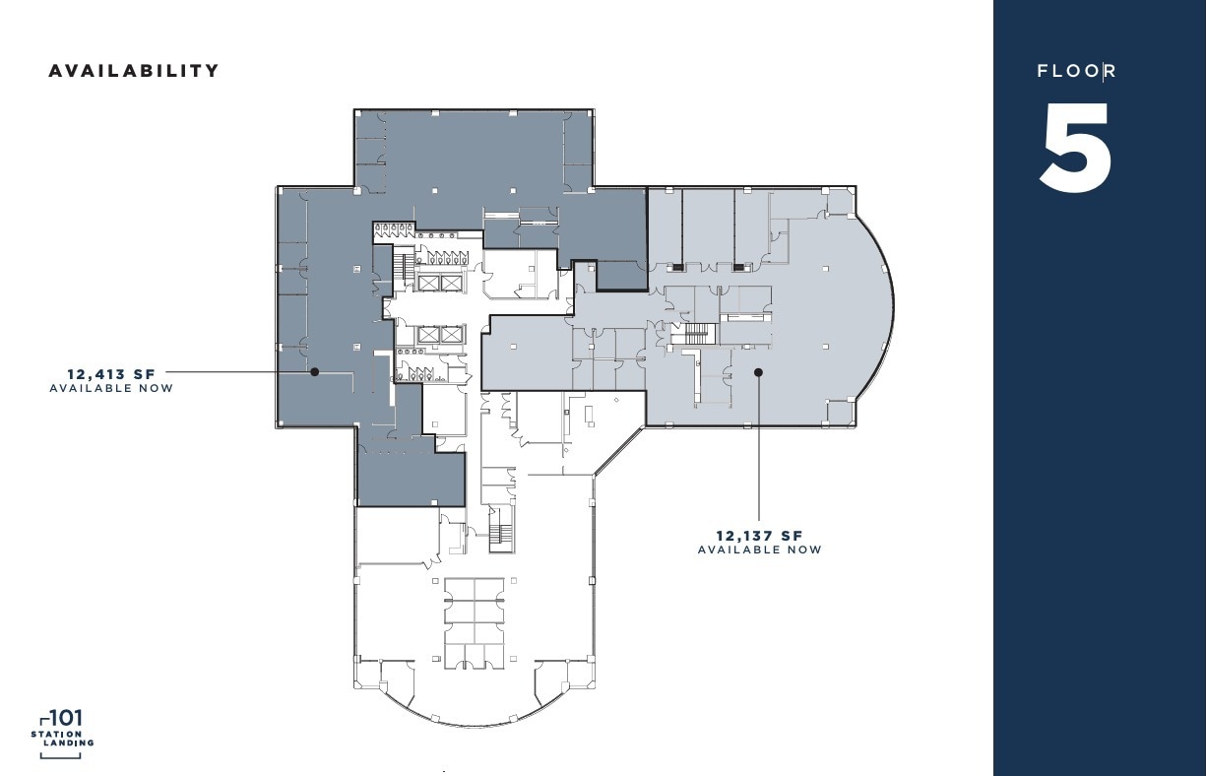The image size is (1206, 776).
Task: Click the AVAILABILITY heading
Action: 134,71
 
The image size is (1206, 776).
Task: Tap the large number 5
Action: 1076,148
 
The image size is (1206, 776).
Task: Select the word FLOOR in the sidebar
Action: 1076,71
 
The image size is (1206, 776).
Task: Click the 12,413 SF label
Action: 111,374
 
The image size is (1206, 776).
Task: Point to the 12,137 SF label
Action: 759,536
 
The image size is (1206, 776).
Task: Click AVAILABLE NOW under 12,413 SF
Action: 111,388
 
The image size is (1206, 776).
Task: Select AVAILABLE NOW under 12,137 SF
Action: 759,550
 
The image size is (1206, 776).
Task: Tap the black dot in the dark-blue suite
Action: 314,372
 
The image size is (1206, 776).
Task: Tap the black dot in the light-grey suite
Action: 758,372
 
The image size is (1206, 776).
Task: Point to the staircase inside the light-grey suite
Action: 699,335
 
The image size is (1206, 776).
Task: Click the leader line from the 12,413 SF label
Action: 236,372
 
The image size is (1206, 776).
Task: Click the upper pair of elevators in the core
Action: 439,283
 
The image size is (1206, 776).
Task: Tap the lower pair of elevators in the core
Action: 439,335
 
